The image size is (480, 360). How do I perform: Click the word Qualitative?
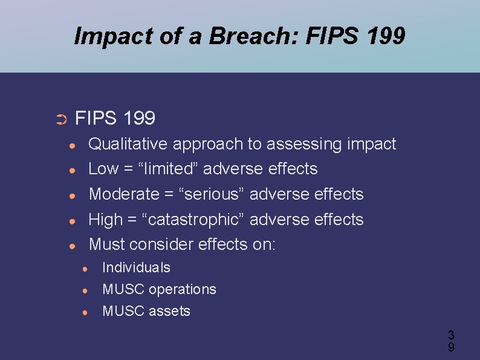point(128,144)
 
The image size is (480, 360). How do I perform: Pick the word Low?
point(103,169)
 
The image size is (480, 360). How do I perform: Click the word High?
point(106,220)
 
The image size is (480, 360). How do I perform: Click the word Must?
point(107,244)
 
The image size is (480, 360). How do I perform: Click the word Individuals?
point(137,267)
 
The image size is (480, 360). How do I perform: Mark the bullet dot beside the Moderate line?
point(71,196)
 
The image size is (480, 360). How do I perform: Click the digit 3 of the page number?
point(451,335)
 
